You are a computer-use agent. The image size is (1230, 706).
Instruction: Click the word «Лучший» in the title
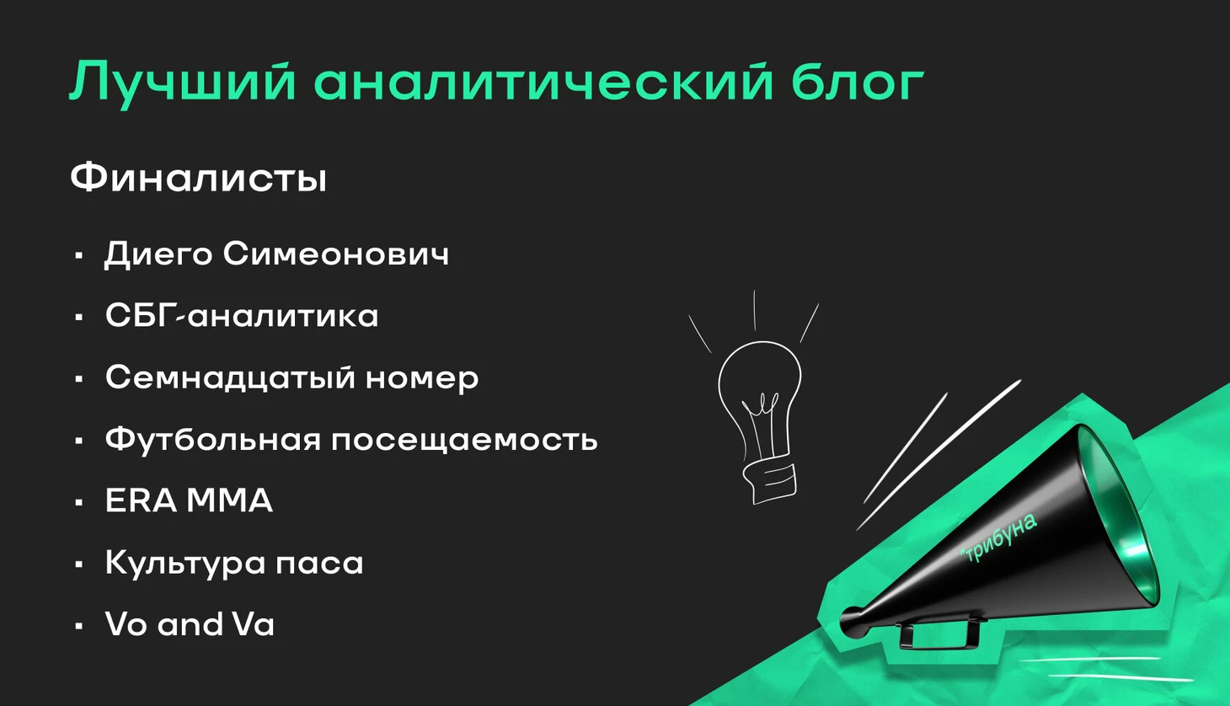[182, 83]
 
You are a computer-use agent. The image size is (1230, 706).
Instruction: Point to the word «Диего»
[158, 254]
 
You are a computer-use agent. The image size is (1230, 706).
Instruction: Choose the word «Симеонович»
[336, 254]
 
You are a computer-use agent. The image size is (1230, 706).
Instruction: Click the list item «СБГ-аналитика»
[242, 315]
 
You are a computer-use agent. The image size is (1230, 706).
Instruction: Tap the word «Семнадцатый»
[230, 377]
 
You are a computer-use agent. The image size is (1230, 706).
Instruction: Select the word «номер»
[422, 379]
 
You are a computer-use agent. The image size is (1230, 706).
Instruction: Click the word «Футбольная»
[213, 439]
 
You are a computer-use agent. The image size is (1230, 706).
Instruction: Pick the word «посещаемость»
[464, 441]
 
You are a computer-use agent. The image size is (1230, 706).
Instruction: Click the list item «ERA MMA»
[189, 500]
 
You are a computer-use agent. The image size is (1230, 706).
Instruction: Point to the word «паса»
[319, 564]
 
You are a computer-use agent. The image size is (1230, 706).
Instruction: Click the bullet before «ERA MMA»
[79, 502]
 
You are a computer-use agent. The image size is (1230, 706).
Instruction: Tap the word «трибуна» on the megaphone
[999, 538]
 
